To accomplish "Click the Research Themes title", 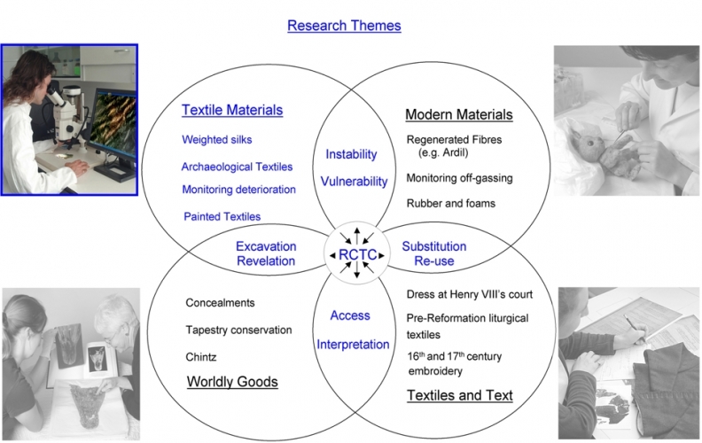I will pyautogui.click(x=344, y=26).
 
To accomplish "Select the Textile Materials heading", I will pyautogui.click(x=232, y=111).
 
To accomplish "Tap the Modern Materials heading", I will pyautogui.click(x=458, y=114).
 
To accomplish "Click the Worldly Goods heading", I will pyautogui.click(x=232, y=382).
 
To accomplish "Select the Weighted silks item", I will pyautogui.click(x=220, y=140).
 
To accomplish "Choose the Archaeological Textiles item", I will pyautogui.click(x=237, y=166).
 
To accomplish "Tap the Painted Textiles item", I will pyautogui.click(x=222, y=216).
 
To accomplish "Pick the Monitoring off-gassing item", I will pyautogui.click(x=459, y=178).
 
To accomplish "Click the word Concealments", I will pyautogui.click(x=221, y=303).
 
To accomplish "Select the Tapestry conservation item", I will pyautogui.click(x=238, y=330).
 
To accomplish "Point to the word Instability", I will pyautogui.click(x=352, y=154).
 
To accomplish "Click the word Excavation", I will pyautogui.click(x=266, y=246).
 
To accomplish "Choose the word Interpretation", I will pyautogui.click(x=353, y=344).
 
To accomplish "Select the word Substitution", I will pyautogui.click(x=434, y=246).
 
